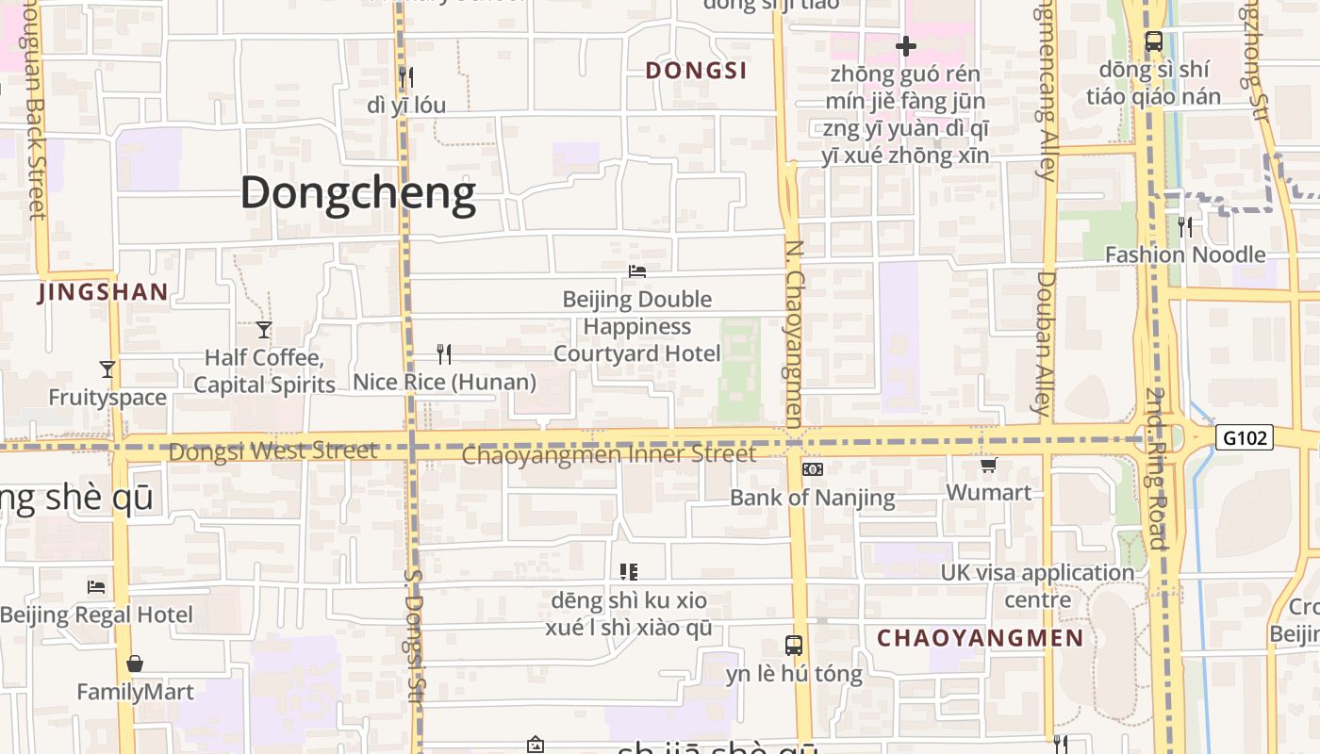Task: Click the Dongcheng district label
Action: [x=358, y=193]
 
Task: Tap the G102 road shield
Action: [x=1245, y=437]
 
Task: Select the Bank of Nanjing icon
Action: [x=812, y=469]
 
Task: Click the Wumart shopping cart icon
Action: [x=988, y=465]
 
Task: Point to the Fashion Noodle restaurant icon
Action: [x=1185, y=226]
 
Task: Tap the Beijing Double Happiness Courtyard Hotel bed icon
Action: [x=637, y=271]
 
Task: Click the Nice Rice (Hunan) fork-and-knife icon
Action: [x=444, y=354]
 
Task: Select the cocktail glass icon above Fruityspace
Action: [x=107, y=369]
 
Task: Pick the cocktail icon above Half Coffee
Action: [x=264, y=330]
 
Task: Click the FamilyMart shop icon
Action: [x=135, y=664]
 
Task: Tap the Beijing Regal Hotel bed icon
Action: [x=96, y=586]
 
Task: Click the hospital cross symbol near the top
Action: [x=906, y=45]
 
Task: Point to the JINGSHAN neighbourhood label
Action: [x=103, y=292]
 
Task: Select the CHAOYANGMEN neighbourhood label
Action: [x=981, y=638]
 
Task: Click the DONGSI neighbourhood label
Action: [x=696, y=71]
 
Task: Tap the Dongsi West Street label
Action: [x=273, y=451]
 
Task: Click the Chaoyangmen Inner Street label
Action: [x=609, y=455]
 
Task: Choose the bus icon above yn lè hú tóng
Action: [x=794, y=646]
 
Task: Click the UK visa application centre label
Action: [x=1037, y=585]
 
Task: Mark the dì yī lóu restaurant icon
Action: [x=406, y=76]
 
